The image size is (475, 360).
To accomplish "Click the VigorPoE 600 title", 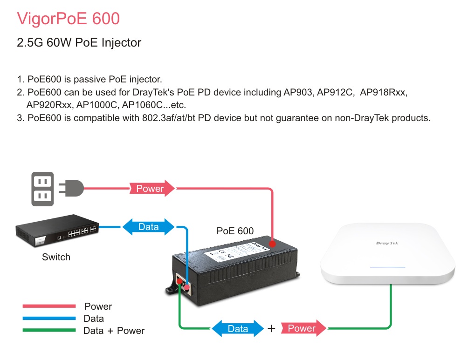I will pos(68,19).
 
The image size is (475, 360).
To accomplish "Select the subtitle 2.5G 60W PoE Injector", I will pos(79,43).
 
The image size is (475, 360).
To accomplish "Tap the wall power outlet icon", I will pos(42,189).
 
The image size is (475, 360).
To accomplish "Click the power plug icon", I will pos(71,189).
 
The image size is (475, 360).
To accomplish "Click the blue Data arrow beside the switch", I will pos(148,227).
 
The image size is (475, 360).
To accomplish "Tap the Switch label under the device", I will pos(56,257).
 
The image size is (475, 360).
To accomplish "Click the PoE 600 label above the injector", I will pos(235,231).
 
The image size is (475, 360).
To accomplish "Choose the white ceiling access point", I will pos(387,254).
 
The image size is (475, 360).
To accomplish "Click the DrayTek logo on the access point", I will pos(387,243).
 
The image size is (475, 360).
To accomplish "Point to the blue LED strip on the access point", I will pos(387,268).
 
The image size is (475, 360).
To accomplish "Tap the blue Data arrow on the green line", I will pos(238,328).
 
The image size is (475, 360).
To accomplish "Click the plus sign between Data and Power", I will pos(271,329).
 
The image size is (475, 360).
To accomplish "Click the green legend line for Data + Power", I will pos(49,331).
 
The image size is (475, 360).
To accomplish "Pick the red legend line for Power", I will pos(49,306).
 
